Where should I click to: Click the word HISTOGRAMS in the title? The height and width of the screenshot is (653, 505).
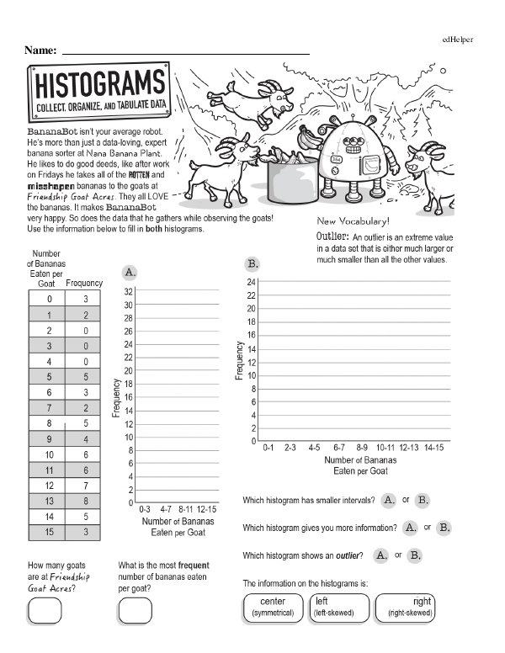(98, 86)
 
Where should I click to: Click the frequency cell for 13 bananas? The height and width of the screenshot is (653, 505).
(84, 502)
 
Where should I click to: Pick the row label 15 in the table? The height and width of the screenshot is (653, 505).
(50, 533)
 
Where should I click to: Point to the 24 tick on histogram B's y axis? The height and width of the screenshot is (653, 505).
(251, 281)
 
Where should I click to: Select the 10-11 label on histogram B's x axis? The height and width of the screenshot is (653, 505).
(385, 449)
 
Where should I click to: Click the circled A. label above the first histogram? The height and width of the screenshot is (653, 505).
(130, 273)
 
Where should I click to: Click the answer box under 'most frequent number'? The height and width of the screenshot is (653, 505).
(135, 611)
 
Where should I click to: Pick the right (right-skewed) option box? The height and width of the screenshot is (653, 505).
(406, 607)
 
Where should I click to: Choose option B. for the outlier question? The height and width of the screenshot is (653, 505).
(414, 555)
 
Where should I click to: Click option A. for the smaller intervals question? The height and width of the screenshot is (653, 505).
(389, 500)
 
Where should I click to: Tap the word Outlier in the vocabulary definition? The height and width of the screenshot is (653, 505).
(332, 236)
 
